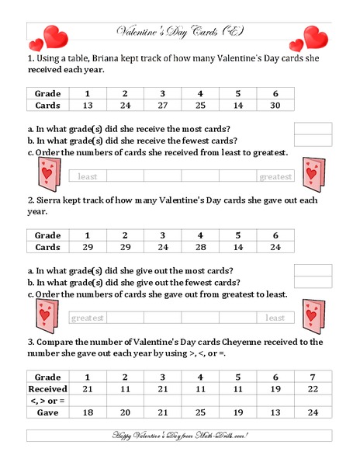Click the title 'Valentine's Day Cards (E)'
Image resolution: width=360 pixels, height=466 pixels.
point(179,31)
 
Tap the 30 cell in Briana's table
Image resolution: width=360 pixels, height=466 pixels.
point(275,106)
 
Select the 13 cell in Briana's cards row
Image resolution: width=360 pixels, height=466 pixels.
point(87,106)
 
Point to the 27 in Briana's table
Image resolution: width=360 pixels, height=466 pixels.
point(162,106)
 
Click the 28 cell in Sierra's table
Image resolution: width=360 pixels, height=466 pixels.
point(200,247)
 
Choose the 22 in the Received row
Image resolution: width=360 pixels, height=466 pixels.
point(313,388)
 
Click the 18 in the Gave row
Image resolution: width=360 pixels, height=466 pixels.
point(87,412)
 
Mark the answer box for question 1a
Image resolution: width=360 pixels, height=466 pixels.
point(313,128)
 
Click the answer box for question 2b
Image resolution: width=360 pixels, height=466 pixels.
point(313,282)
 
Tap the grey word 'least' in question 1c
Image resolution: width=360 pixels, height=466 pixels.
point(88,176)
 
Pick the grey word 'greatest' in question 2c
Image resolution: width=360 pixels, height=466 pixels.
point(88,318)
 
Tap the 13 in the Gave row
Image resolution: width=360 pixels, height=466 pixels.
point(275,412)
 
